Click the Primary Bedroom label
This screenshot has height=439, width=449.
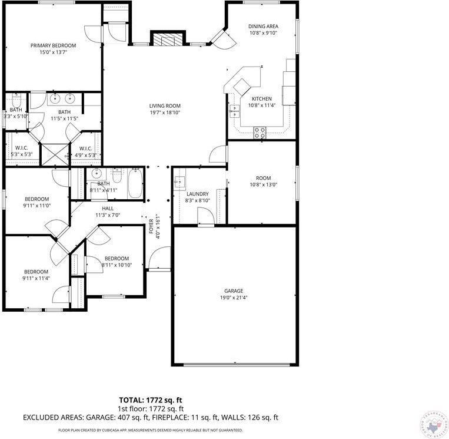[x=54, y=45]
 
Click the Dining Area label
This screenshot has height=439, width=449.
[x=262, y=27]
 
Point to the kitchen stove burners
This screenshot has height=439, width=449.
[x=260, y=131]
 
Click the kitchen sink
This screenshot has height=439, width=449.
[x=234, y=110]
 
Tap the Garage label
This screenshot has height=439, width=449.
[x=233, y=291]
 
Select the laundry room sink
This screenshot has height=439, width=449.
[x=179, y=181]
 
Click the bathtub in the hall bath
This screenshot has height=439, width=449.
[x=134, y=183]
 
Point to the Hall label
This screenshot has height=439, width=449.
[x=108, y=208]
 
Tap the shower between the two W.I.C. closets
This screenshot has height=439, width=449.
[x=56, y=154]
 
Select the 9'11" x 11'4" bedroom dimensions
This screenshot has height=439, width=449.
[x=36, y=279]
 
